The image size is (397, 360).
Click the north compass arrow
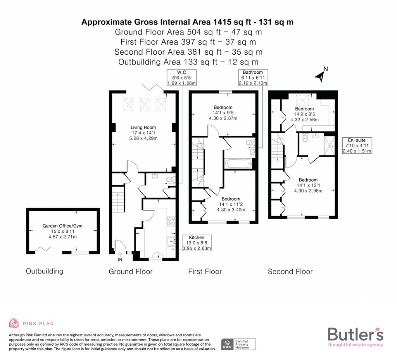pos(320,76)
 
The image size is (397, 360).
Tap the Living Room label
pos(143,127)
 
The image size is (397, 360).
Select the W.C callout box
pos(181,78)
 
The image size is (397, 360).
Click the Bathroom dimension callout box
pos(253,78)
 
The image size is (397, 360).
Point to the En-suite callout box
pos(357,145)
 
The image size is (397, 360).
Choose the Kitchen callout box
pos(197,243)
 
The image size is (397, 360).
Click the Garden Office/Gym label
pos(62,226)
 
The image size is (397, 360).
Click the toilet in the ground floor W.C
pos(171,180)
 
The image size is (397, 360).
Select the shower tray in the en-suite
pos(330,145)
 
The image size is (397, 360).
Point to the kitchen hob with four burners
pos(171,222)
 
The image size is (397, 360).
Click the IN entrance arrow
pos(120,254)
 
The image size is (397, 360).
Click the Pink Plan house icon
pos(14,323)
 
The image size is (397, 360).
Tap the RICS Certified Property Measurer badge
pos(238,344)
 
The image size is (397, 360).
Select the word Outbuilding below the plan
pos(45,271)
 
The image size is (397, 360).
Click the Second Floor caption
pos(290,272)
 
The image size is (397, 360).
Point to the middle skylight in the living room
pos(145,104)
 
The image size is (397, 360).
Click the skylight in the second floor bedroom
pos(302,100)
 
